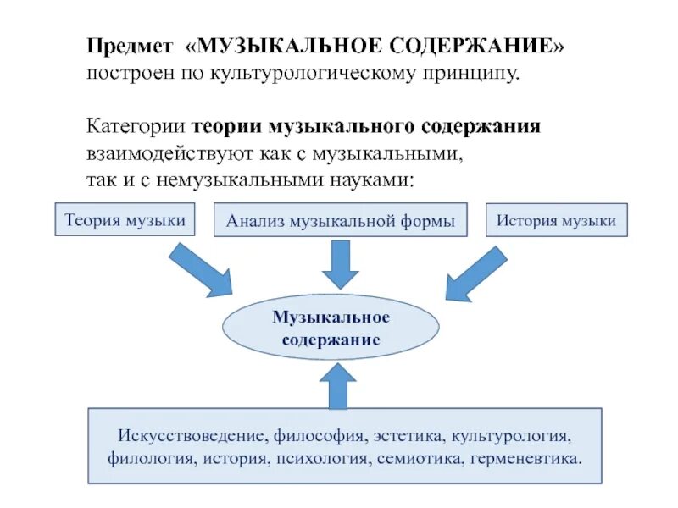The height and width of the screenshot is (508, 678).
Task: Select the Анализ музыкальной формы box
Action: click(x=340, y=222)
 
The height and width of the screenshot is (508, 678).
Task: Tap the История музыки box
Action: click(x=556, y=220)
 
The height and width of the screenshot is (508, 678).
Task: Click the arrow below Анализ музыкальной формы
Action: click(x=340, y=264)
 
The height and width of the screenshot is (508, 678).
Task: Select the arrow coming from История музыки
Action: click(x=475, y=272)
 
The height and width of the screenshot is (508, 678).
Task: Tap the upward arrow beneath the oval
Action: click(x=340, y=384)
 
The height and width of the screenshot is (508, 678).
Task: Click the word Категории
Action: click(x=136, y=127)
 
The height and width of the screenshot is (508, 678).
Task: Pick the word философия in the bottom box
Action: click(x=319, y=437)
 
